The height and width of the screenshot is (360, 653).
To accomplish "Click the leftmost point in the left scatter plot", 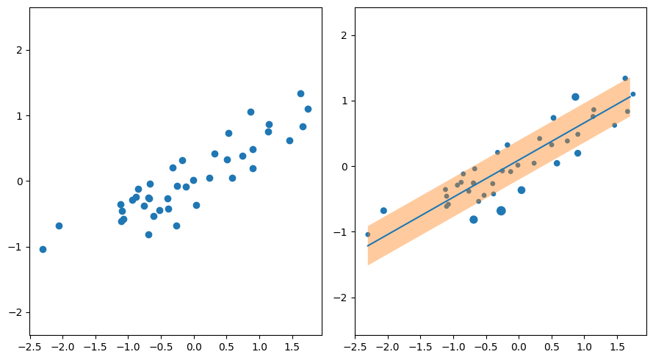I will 43,249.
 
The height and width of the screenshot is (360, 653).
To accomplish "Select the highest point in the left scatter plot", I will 300,93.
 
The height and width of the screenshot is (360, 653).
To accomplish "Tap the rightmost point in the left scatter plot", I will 308,109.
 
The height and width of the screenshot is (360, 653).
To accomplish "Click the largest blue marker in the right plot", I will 501,211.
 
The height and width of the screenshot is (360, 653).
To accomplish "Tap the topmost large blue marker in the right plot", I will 575,97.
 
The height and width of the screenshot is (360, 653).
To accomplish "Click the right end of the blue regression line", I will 630,96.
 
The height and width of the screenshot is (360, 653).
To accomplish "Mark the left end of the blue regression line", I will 368,245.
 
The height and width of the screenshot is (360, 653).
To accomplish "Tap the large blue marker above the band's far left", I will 383,211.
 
